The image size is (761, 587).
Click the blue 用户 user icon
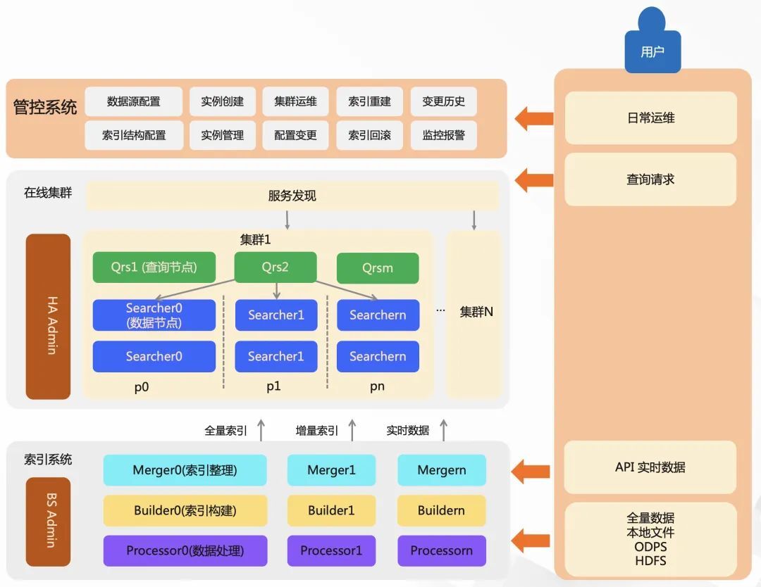[x=652, y=44]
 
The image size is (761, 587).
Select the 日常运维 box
[x=650, y=118]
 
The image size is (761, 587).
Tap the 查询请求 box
[x=650, y=179]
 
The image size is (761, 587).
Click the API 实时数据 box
[x=650, y=467]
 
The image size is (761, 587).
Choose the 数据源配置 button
[x=133, y=101]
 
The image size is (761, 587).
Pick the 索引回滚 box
[x=369, y=135]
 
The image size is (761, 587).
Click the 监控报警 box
[x=443, y=135]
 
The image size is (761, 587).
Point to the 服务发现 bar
[x=292, y=196]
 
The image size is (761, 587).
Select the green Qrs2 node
[x=276, y=267]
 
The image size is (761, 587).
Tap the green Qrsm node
[x=378, y=268]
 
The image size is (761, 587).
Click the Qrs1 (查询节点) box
[x=154, y=267]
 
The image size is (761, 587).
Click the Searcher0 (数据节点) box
[x=154, y=315]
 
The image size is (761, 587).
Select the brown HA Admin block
[x=48, y=317]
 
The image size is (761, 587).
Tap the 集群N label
[x=476, y=312]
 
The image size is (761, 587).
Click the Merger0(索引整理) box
[x=185, y=470]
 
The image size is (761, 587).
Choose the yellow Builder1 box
[x=331, y=510]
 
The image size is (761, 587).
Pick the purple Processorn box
[x=441, y=550]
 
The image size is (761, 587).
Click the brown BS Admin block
[x=48, y=522]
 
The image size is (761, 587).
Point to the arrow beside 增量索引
[x=352, y=429]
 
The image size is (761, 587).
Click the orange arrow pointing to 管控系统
[x=533, y=118]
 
